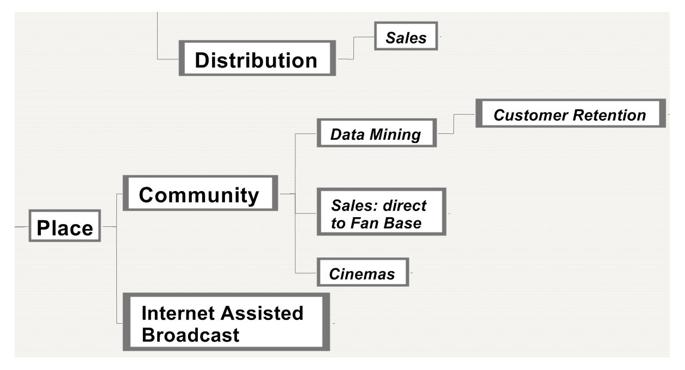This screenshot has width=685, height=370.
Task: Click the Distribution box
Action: [x=257, y=58]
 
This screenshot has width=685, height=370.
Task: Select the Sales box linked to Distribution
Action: [x=406, y=36]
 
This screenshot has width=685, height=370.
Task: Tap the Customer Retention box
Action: [x=571, y=113]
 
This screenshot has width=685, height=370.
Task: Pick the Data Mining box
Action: [x=377, y=133]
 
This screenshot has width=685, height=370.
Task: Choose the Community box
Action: [x=200, y=193]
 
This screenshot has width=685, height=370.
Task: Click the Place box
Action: [x=65, y=226]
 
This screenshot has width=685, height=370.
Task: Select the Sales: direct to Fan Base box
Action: [x=381, y=212]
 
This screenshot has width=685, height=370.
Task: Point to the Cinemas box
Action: [x=363, y=272]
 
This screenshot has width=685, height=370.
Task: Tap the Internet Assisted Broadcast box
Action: [x=226, y=322]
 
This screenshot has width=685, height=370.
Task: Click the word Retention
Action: [x=609, y=115]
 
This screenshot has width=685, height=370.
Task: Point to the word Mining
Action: [x=395, y=135]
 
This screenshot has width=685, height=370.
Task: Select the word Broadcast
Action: [x=190, y=335]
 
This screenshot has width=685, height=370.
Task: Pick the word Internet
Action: [x=178, y=313]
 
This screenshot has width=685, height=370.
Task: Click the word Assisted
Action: [x=262, y=313]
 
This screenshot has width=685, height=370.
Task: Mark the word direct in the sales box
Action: [x=404, y=205]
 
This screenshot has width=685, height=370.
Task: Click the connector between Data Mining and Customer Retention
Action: [x=453, y=124]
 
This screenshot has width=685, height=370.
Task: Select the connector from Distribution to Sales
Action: [x=353, y=48]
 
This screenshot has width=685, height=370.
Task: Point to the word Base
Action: [x=402, y=223]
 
